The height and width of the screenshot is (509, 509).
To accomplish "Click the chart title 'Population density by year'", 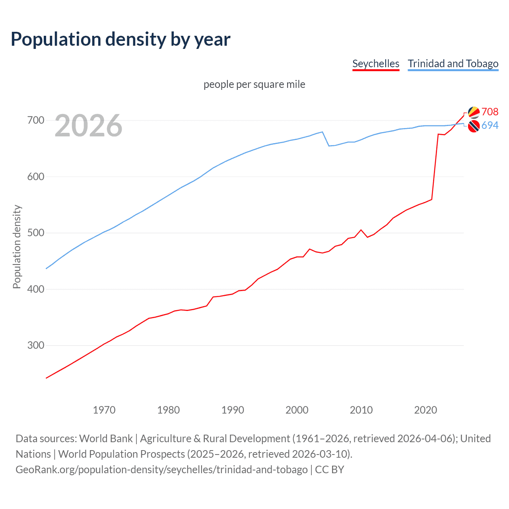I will pyautogui.click(x=120, y=39).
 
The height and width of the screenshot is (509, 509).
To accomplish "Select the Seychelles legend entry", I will pyautogui.click(x=376, y=64).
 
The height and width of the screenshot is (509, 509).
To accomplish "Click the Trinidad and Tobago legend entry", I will pyautogui.click(x=453, y=64).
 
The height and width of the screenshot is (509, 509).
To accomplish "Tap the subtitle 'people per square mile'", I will pyautogui.click(x=254, y=84).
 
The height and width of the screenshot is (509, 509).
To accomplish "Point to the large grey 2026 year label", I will pyautogui.click(x=88, y=126).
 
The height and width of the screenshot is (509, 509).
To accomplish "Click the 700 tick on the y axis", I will pyautogui.click(x=35, y=120).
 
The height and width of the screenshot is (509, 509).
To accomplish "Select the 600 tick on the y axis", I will pyautogui.click(x=35, y=177).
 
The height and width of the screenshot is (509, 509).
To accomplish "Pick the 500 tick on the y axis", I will pyautogui.click(x=35, y=233).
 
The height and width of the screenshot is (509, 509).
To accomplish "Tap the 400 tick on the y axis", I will pyautogui.click(x=35, y=289).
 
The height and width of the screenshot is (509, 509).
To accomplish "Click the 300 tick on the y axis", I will pyautogui.click(x=35, y=345).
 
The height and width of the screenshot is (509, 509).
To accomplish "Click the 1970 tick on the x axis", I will pyautogui.click(x=104, y=410).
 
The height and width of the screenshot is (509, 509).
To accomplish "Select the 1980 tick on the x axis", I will pyautogui.click(x=169, y=410).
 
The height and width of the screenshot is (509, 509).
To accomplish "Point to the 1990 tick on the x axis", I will pyautogui.click(x=233, y=410).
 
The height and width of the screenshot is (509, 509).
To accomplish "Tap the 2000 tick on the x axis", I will pyautogui.click(x=297, y=410).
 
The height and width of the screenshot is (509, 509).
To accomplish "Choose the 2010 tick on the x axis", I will pyautogui.click(x=361, y=410).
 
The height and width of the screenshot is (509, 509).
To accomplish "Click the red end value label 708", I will pyautogui.click(x=490, y=112).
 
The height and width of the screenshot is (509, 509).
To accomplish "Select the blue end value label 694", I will pyautogui.click(x=490, y=125).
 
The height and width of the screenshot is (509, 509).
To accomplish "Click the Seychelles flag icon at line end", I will pyautogui.click(x=474, y=113).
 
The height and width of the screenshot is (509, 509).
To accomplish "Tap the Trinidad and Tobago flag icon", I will pyautogui.click(x=474, y=126).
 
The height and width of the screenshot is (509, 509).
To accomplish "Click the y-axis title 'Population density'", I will pyautogui.click(x=17, y=247).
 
